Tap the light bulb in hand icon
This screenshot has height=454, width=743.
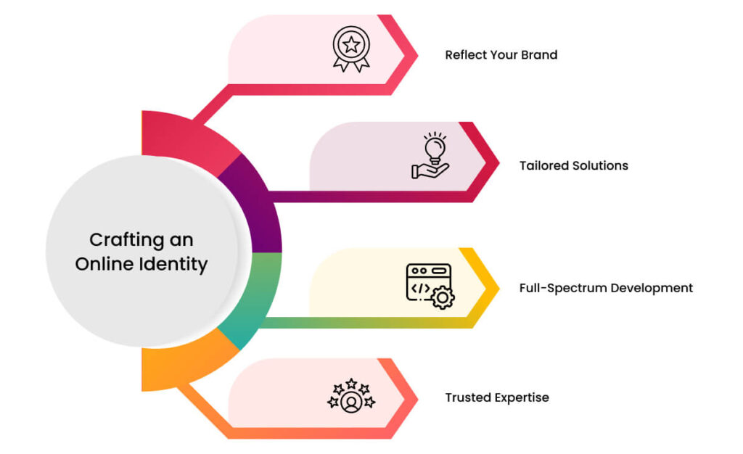point(431,156)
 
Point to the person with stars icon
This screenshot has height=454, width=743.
point(351,396)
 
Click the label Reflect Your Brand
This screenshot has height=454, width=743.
point(501,55)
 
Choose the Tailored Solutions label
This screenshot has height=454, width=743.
point(573,165)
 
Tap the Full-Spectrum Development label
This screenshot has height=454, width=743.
point(606,288)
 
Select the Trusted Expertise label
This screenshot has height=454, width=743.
point(497,397)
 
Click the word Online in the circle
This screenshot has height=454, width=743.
point(104,264)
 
